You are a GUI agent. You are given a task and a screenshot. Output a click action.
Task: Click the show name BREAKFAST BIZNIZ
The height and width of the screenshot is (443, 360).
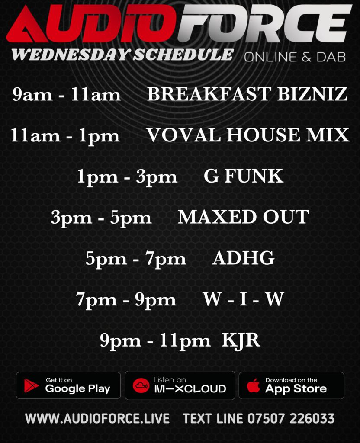coord(247,94)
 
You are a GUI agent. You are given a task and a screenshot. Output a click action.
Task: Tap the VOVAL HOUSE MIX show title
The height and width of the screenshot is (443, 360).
coord(248,135)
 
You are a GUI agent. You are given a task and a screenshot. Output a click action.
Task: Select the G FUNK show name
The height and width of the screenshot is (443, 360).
coord(243,176)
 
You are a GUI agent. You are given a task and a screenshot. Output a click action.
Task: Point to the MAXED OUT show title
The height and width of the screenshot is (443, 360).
coord(243,217)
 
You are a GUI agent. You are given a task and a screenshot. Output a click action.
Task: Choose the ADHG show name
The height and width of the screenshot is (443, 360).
coord(243,258)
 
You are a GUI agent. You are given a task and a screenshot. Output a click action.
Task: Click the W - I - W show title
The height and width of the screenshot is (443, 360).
coord(243,299)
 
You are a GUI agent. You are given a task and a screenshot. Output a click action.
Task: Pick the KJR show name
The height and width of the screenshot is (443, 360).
coord(241,340)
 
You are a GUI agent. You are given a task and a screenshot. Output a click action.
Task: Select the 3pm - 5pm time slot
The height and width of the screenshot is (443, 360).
coord(101,218)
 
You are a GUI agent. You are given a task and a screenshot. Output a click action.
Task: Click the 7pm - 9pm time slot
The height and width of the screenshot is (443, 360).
coord(126,300)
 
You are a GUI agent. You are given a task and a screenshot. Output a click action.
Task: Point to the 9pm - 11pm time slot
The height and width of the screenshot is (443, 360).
coord(155,340)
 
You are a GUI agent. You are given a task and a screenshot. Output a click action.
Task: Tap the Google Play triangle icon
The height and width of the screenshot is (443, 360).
coord(31,385)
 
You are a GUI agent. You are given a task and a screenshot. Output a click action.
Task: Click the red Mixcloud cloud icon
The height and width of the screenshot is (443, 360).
coord(141,385)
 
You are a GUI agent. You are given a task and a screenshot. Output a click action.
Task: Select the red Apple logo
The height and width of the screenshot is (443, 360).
coord(253,385)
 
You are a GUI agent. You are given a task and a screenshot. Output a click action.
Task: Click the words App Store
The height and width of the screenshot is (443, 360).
coord(296,389)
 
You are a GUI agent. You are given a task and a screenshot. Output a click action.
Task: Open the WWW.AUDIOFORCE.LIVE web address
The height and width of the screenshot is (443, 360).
coord(97,418)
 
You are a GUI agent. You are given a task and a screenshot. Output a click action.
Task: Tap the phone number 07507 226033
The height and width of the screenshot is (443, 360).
coord(291,418)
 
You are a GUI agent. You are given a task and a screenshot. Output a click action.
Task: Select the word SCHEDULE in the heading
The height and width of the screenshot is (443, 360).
coord(183,55)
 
